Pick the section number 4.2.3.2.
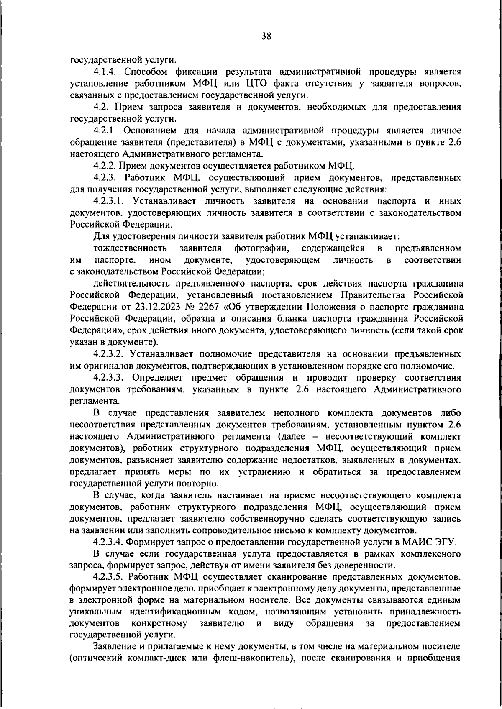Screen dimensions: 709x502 [x=109, y=354]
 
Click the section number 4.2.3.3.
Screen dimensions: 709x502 [x=109, y=378]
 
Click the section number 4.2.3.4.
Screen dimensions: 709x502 [x=109, y=543]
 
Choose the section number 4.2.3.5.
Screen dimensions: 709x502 [x=109, y=578]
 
